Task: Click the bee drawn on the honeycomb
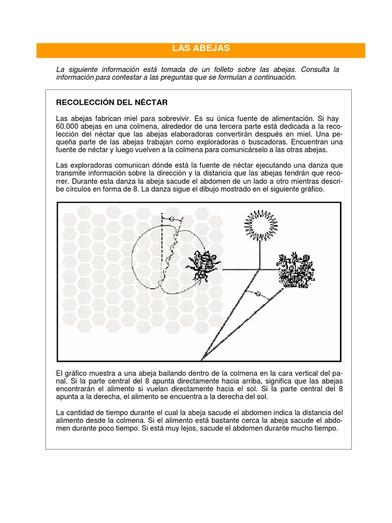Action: [203, 266]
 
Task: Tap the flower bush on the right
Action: [296, 271]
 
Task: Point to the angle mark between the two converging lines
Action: [258, 294]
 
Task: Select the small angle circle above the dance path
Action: [171, 219]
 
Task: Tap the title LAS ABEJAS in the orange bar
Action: [201, 49]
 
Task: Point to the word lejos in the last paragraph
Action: [213, 429]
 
